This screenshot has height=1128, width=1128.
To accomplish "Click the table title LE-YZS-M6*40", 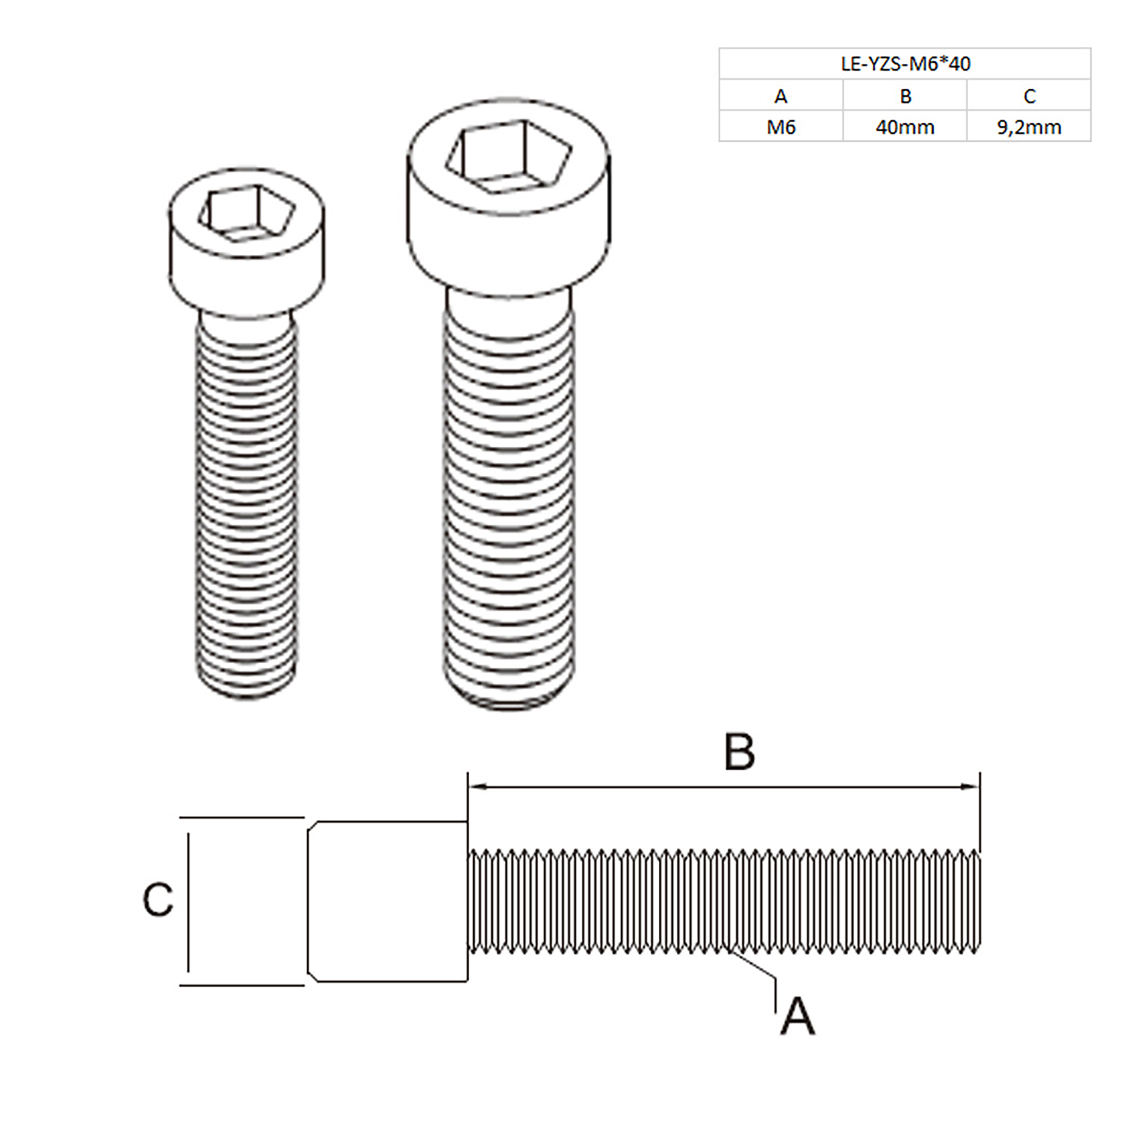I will coord(905,64).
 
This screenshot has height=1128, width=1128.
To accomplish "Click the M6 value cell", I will coord(781,127).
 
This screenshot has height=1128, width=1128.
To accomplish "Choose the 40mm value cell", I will coord(905,127).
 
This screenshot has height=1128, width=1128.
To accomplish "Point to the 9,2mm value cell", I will coord(1029,127).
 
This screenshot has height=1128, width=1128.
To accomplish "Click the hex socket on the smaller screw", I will coord(246,213).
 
